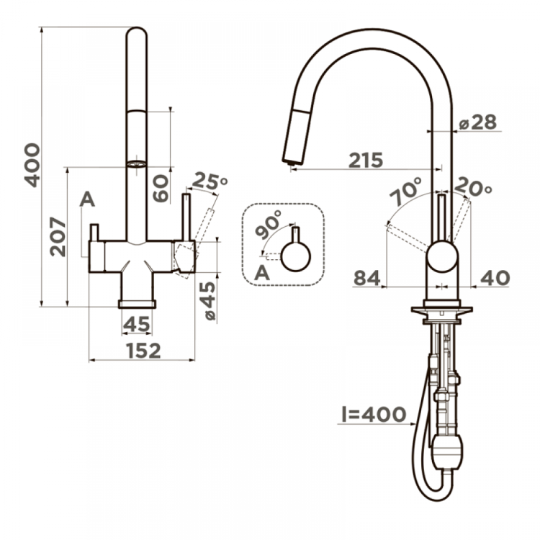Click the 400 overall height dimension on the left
(x=32, y=166)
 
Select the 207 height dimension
(x=58, y=236)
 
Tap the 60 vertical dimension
(x=161, y=189)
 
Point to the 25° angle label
(x=210, y=181)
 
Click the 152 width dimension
(x=143, y=351)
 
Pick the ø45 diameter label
(x=207, y=301)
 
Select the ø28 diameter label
(x=478, y=122)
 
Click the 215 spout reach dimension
(x=366, y=160)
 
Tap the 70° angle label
(x=406, y=192)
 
